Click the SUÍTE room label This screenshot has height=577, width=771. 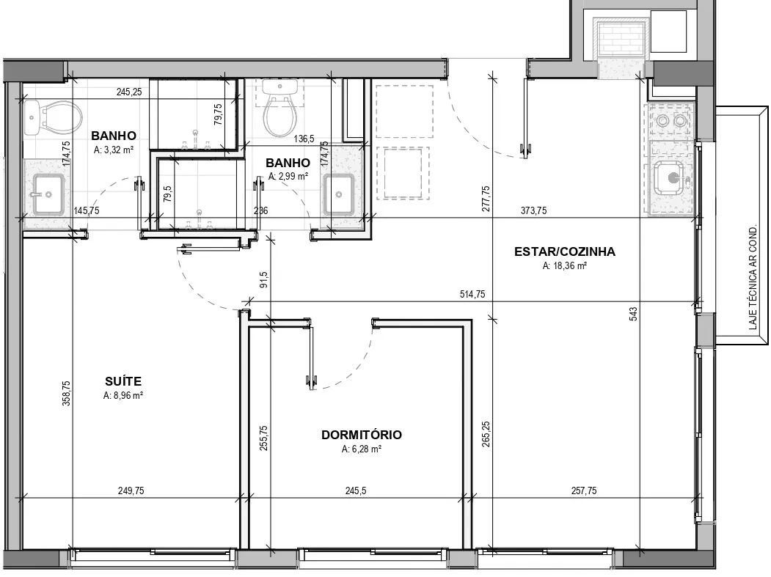[123, 381]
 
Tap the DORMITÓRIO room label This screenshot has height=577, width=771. [362, 435]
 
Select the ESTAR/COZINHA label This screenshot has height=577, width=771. [564, 251]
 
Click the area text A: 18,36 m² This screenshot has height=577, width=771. [564, 266]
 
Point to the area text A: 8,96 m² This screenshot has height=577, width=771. [123, 395]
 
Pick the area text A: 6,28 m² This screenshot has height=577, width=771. [362, 449]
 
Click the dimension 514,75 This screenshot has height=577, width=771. [472, 294]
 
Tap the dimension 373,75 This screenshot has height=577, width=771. [533, 210]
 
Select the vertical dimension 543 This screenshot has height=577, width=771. [633, 314]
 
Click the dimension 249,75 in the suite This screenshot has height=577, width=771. [131, 490]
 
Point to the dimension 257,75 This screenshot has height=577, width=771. [584, 490]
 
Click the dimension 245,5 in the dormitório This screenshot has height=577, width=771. [356, 490]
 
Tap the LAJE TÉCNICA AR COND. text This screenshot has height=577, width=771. [753, 278]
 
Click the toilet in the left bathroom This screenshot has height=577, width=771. [53, 118]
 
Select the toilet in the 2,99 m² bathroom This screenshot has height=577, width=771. [279, 109]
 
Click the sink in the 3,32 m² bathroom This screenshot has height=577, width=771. [48, 194]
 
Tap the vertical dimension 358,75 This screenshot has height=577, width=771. [66, 393]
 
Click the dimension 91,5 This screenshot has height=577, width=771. [263, 279]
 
